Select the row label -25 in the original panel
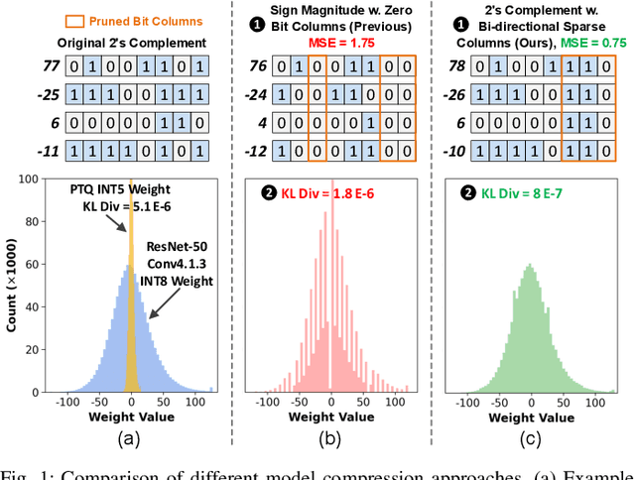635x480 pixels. click(x=17, y=96)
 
